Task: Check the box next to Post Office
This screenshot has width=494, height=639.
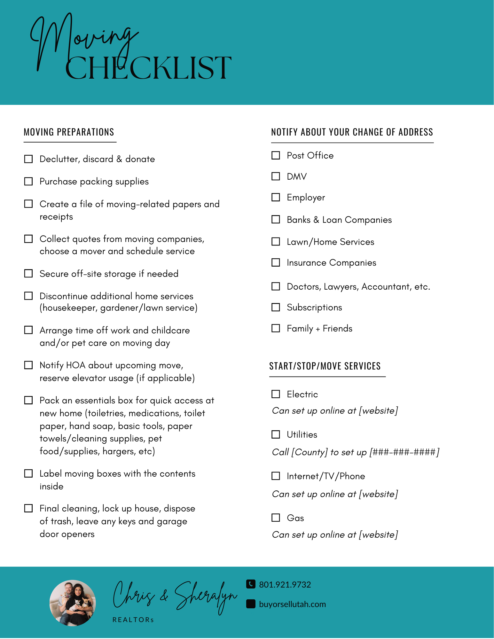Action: click(276, 155)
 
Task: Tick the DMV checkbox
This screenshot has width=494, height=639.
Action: click(276, 176)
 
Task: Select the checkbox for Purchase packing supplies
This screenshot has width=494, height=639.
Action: click(28, 181)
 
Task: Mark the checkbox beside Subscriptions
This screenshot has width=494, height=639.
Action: click(276, 307)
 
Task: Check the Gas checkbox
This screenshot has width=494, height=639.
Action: click(276, 518)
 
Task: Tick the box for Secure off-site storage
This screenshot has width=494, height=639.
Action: click(28, 273)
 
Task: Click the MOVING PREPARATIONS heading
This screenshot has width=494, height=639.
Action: click(69, 132)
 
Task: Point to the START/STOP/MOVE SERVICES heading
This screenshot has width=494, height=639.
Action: click(325, 366)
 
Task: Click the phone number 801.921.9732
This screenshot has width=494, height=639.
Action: click(285, 585)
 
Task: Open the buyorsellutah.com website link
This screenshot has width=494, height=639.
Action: click(292, 604)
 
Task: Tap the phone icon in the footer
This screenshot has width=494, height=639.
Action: click(251, 584)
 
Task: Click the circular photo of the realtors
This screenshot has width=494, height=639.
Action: click(73, 603)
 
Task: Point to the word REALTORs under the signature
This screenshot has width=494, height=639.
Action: click(133, 620)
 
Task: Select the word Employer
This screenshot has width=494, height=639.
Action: click(306, 198)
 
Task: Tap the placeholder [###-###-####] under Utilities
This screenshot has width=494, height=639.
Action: click(404, 452)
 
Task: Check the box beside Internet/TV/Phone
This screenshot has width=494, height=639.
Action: click(276, 476)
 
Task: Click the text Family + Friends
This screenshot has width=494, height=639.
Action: click(319, 328)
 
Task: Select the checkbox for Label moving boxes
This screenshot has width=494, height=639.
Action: click(28, 473)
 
